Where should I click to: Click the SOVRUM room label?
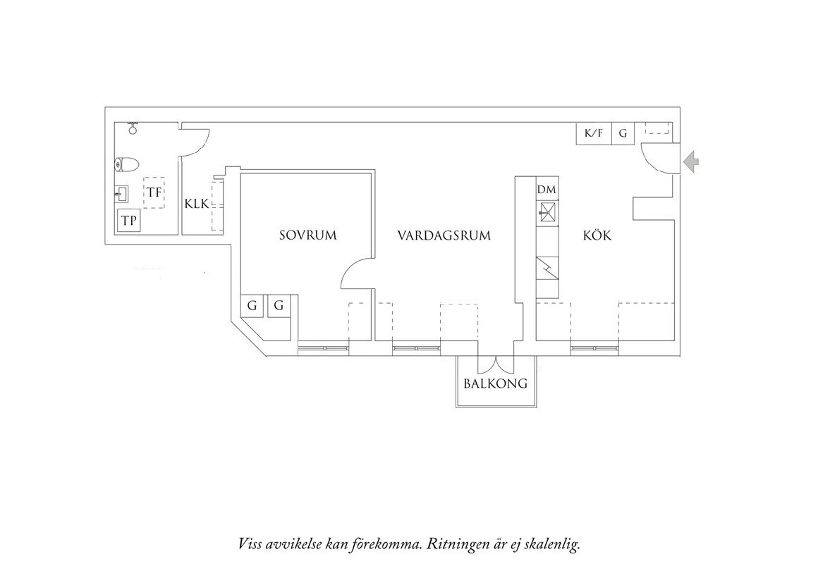point(307,235)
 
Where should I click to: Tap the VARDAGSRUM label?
point(443,235)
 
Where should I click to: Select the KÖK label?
point(597,235)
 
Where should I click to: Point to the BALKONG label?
point(496,384)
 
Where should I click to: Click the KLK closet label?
point(197,204)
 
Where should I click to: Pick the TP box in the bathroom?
point(128,221)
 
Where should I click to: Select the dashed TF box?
point(154,192)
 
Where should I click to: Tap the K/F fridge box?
point(594,133)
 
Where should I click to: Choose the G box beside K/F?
point(623,133)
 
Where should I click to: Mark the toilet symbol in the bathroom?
point(125,165)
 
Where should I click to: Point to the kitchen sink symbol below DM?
point(547,211)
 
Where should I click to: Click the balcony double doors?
point(496,365)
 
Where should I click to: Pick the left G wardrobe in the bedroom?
point(252,306)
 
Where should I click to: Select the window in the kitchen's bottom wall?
point(594,348)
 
